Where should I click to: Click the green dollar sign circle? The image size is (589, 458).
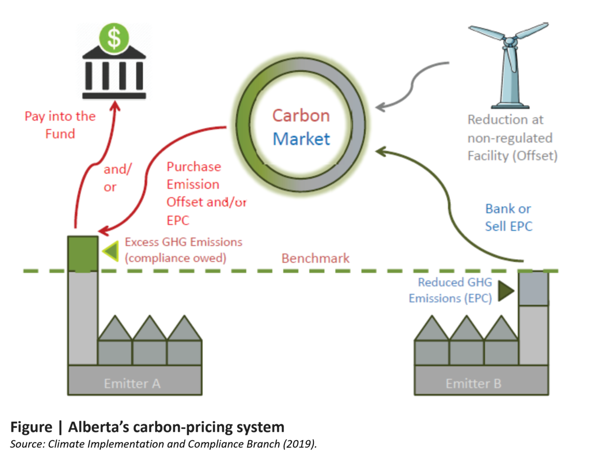pyautogui.click(x=114, y=38)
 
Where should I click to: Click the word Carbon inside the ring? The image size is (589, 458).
pyautogui.click(x=301, y=115)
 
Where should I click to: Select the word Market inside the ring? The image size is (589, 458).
pyautogui.click(x=301, y=139)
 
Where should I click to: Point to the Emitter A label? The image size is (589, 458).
pyautogui.click(x=132, y=384)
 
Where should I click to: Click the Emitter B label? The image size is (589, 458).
pyautogui.click(x=473, y=384)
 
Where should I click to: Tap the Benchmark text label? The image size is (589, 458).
pyautogui.click(x=316, y=258)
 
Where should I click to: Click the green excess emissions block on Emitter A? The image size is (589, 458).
pyautogui.click(x=83, y=253)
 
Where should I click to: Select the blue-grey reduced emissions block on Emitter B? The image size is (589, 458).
pyautogui.click(x=533, y=288)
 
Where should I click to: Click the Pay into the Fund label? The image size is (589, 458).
pyautogui.click(x=60, y=125)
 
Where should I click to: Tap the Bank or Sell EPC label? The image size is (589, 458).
pyautogui.click(x=508, y=217)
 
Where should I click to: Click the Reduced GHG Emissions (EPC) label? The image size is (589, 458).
pyautogui.click(x=449, y=290)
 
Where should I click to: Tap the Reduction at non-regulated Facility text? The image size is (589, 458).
pyautogui.click(x=511, y=138)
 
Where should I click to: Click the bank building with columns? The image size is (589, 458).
pyautogui.click(x=114, y=78)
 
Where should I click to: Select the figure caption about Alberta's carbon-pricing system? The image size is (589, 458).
pyautogui.click(x=147, y=427)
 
